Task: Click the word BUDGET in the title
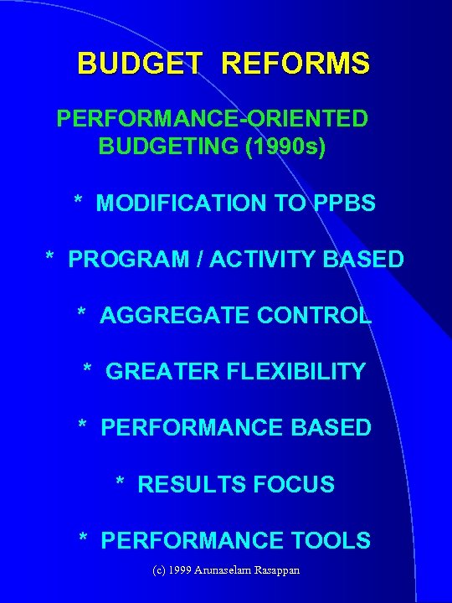(141, 64)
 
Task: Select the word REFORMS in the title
(295, 64)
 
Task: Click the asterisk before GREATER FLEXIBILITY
(88, 369)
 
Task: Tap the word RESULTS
(189, 484)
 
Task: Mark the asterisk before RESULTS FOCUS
(121, 482)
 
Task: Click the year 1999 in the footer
(180, 570)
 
